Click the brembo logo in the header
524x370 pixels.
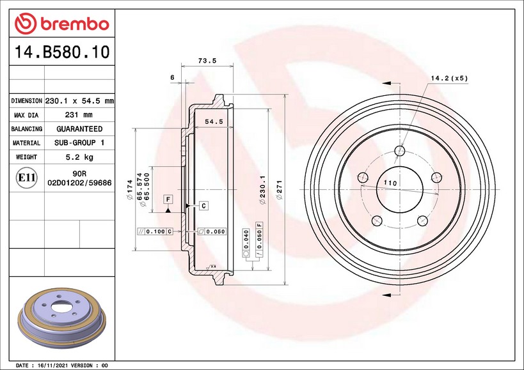62,24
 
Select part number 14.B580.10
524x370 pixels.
62,52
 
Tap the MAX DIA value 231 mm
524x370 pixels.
79,115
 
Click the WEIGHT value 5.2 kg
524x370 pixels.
79,157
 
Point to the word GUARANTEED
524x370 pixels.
79,129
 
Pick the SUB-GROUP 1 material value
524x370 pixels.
79,143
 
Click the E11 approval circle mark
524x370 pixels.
26,178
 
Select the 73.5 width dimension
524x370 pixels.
207,61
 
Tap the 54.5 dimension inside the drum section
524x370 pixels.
214,122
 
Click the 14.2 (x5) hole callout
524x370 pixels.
449,79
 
